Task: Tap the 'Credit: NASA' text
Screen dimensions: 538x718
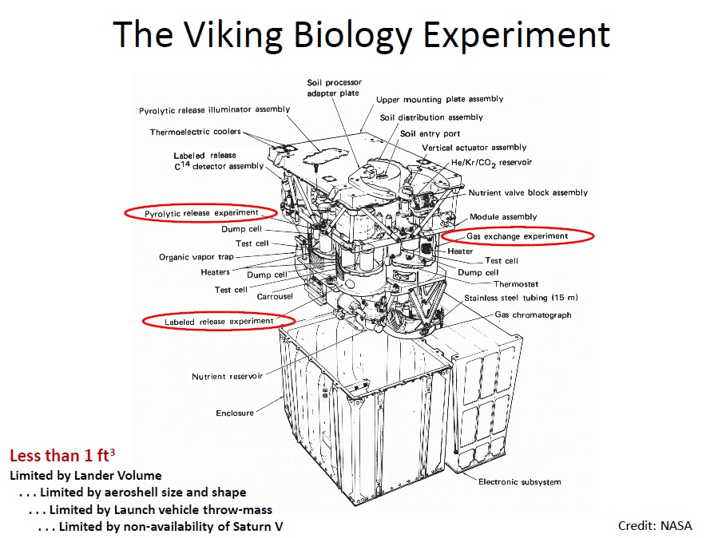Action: (x=655, y=525)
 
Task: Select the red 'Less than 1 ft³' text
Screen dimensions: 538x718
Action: (x=61, y=457)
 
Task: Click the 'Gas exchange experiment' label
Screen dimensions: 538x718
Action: (x=518, y=236)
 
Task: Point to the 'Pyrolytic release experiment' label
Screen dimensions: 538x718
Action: (x=201, y=213)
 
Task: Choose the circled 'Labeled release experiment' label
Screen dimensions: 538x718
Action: (x=218, y=321)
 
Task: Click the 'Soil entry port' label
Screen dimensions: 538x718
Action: (x=430, y=134)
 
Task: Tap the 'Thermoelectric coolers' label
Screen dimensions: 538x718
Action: (x=195, y=133)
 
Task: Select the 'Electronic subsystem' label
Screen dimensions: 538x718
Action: (x=519, y=481)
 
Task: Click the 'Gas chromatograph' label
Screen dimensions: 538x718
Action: (x=534, y=315)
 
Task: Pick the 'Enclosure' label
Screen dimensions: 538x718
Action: (x=235, y=413)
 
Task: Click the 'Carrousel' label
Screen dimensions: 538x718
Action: (x=275, y=296)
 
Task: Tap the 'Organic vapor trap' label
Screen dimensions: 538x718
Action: (x=196, y=257)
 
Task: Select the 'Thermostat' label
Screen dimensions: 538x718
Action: (x=515, y=283)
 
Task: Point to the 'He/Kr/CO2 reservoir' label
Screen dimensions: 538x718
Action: (x=491, y=163)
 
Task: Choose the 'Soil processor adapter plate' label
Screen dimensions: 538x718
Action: (x=334, y=88)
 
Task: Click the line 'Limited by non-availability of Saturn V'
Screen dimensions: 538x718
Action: (x=160, y=526)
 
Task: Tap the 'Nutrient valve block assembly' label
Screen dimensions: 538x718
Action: (x=528, y=192)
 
